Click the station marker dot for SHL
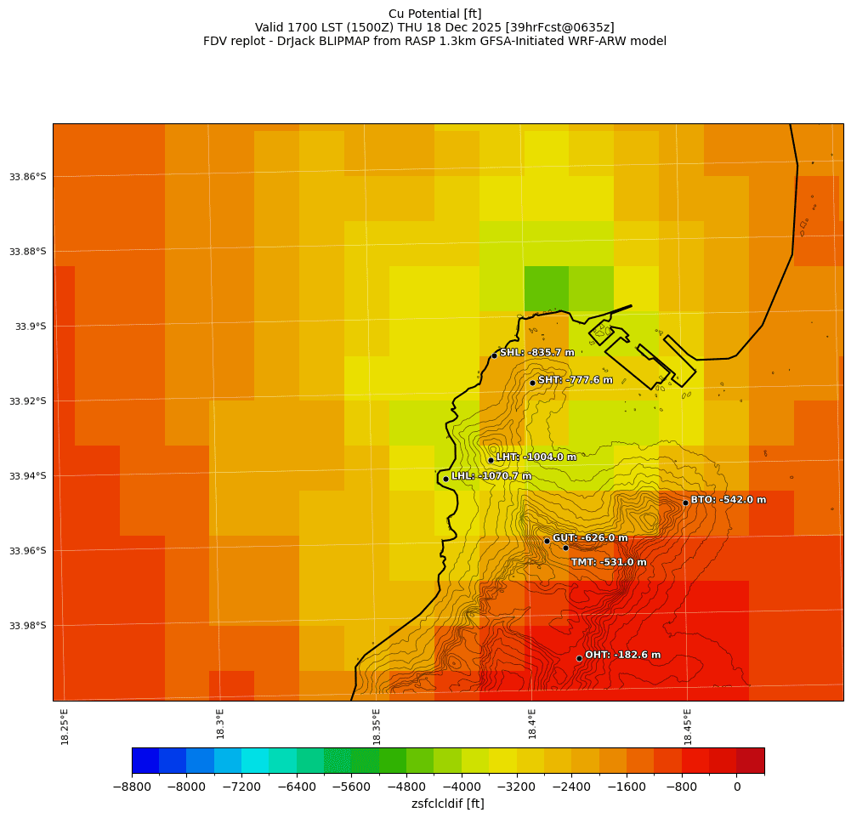coord(494,355)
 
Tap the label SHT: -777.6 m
coord(575,380)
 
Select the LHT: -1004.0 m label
coord(536,457)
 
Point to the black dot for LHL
coord(445,479)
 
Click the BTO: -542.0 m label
coord(728,500)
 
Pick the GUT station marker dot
coord(547,541)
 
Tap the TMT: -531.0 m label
coord(608,562)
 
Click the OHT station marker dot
coord(579,658)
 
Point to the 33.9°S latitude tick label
coord(30,327)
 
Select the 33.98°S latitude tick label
coord(27,626)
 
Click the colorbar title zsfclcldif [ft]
coord(447,804)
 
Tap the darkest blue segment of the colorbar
coord(145,760)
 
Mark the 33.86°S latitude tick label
coord(27,177)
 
